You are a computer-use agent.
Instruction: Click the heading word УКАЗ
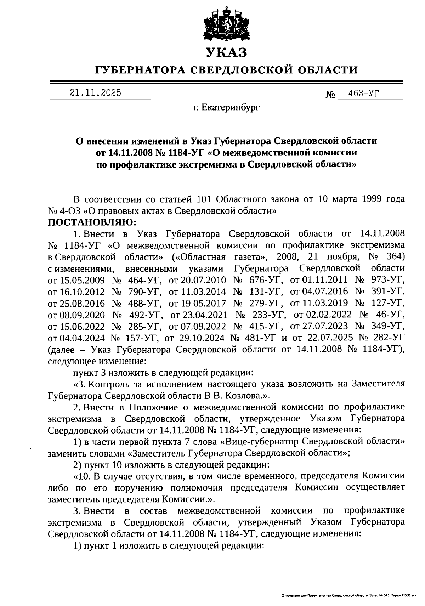tap(226, 53)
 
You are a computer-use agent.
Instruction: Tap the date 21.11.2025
tap(95, 93)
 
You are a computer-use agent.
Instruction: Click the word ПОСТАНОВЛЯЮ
tap(92, 222)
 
